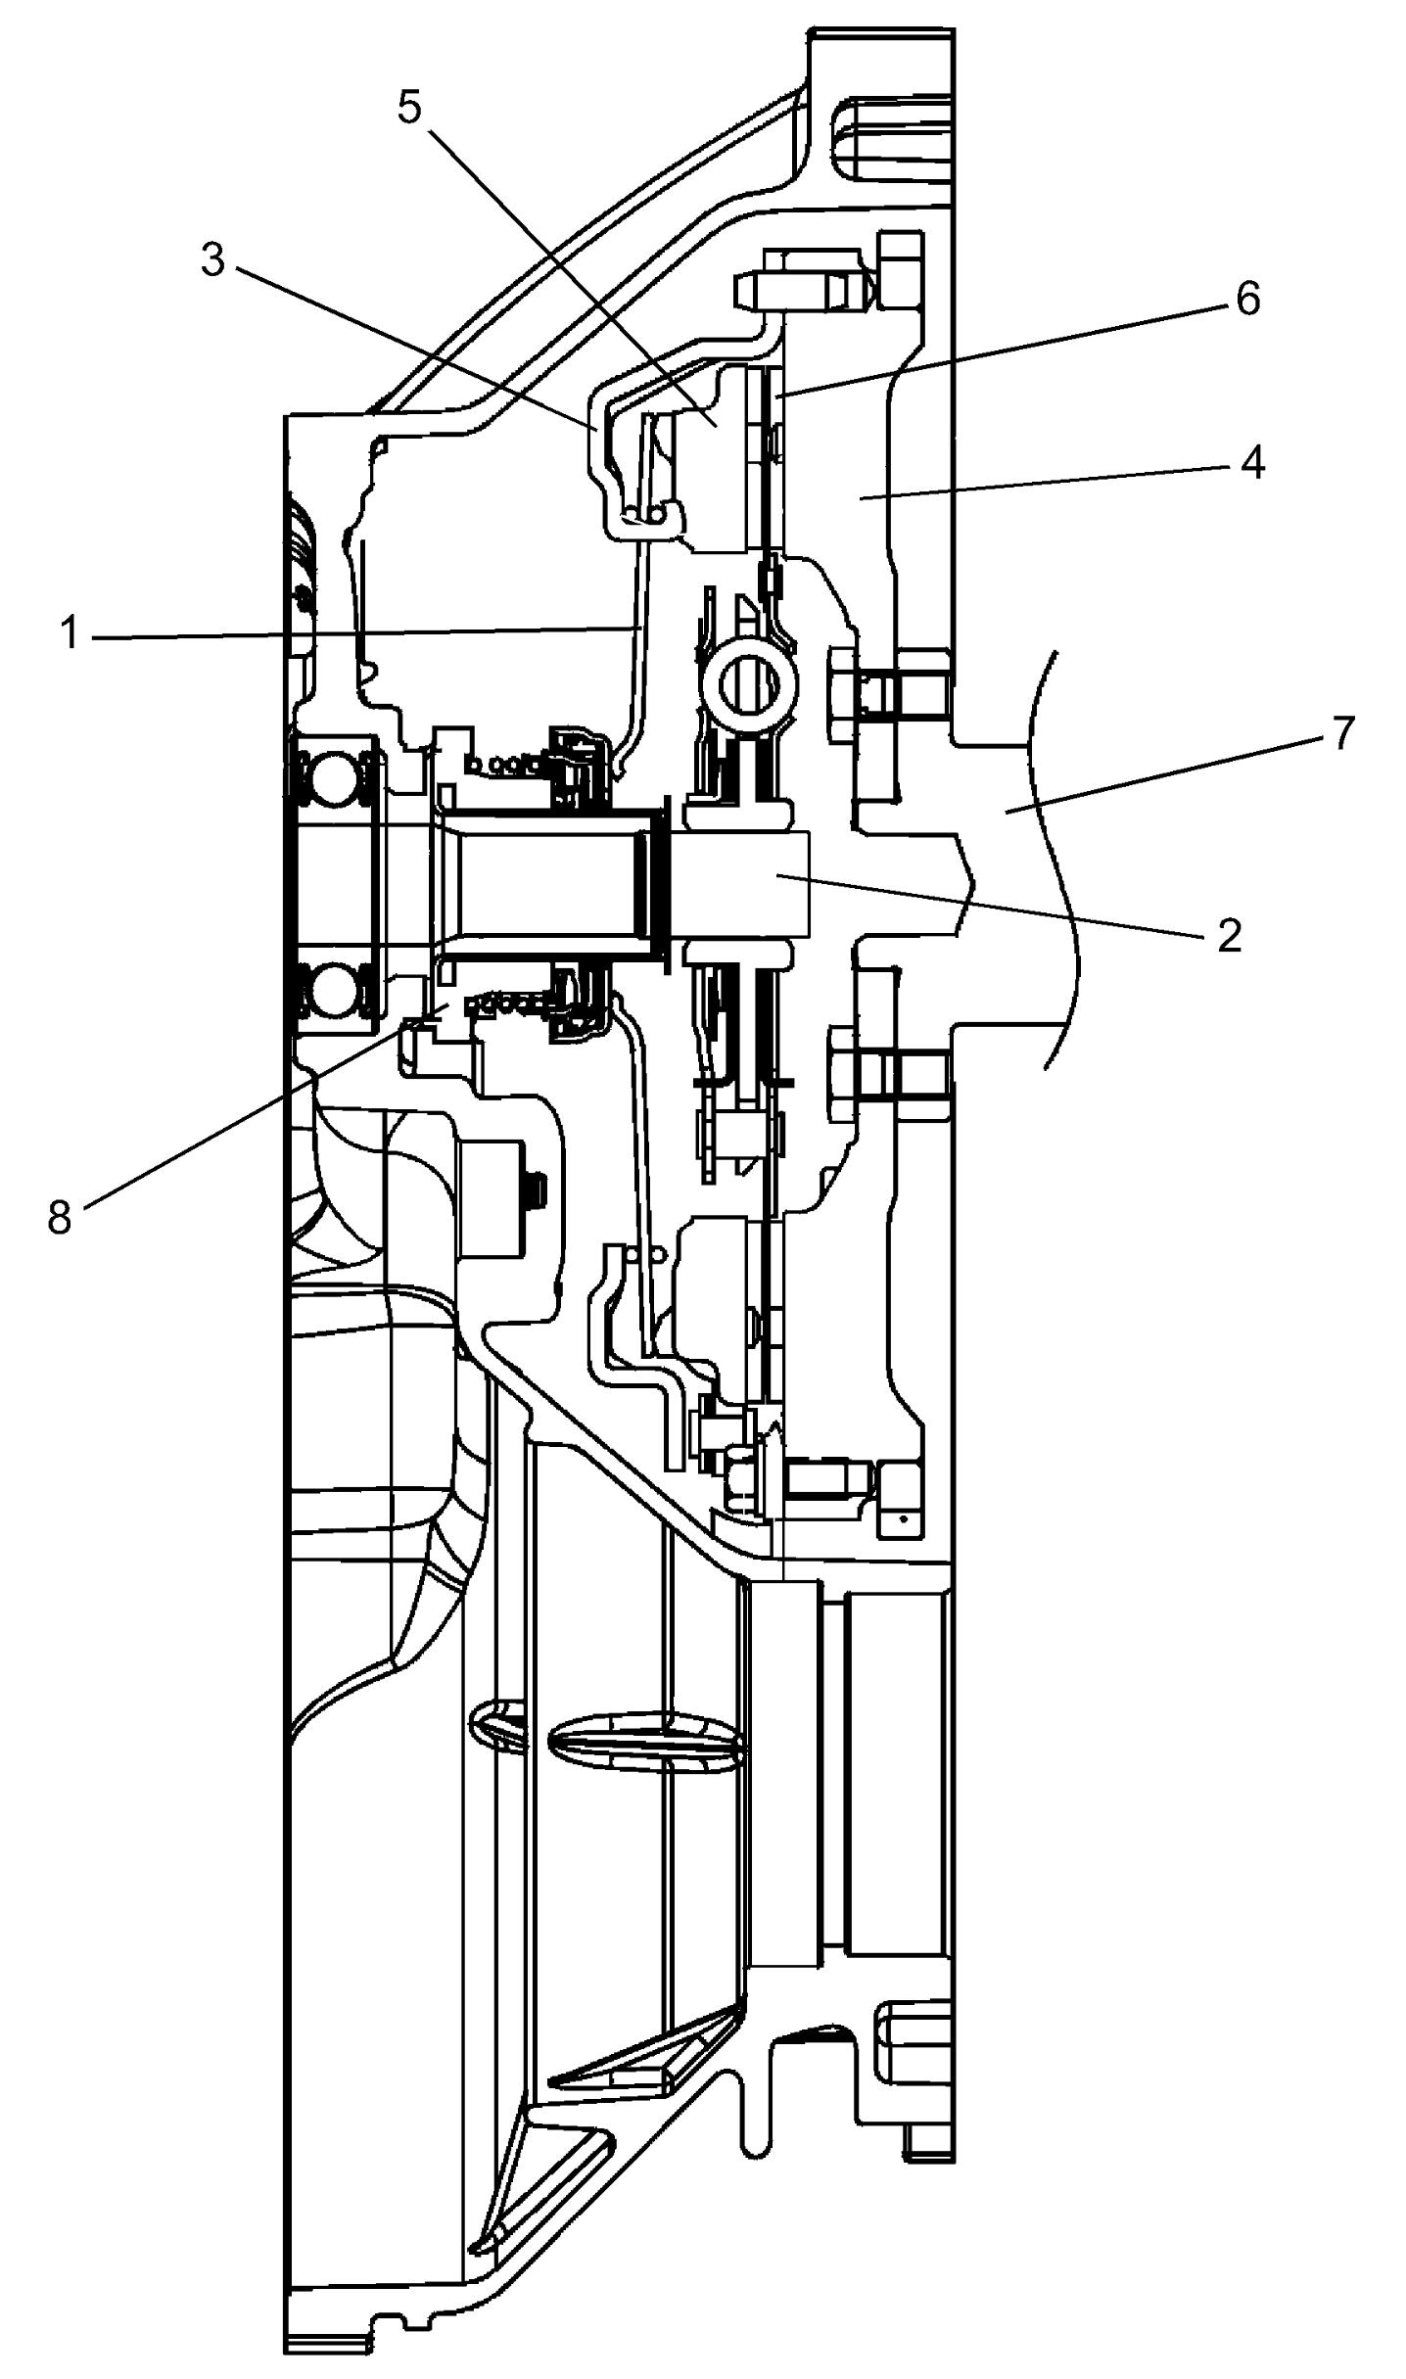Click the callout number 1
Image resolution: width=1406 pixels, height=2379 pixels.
(x=68, y=634)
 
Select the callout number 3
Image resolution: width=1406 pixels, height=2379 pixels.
(x=212, y=260)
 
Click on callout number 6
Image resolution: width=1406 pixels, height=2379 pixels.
(x=1246, y=299)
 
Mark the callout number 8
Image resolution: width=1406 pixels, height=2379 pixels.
(x=61, y=1217)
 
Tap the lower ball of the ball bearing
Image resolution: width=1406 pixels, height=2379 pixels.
(x=333, y=993)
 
